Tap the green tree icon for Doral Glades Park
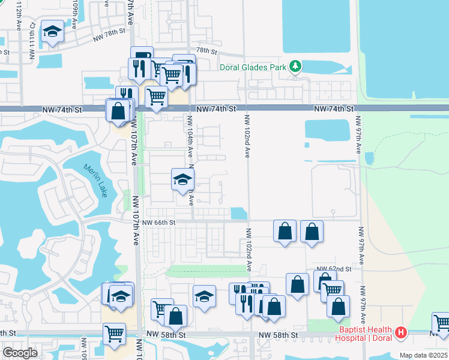tap(295, 66)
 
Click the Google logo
tap(20, 353)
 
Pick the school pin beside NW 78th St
tap(52, 32)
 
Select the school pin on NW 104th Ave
tap(182, 179)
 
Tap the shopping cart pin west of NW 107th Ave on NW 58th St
tap(114, 333)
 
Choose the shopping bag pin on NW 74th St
tap(119, 110)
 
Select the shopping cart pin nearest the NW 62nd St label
tap(332, 291)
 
